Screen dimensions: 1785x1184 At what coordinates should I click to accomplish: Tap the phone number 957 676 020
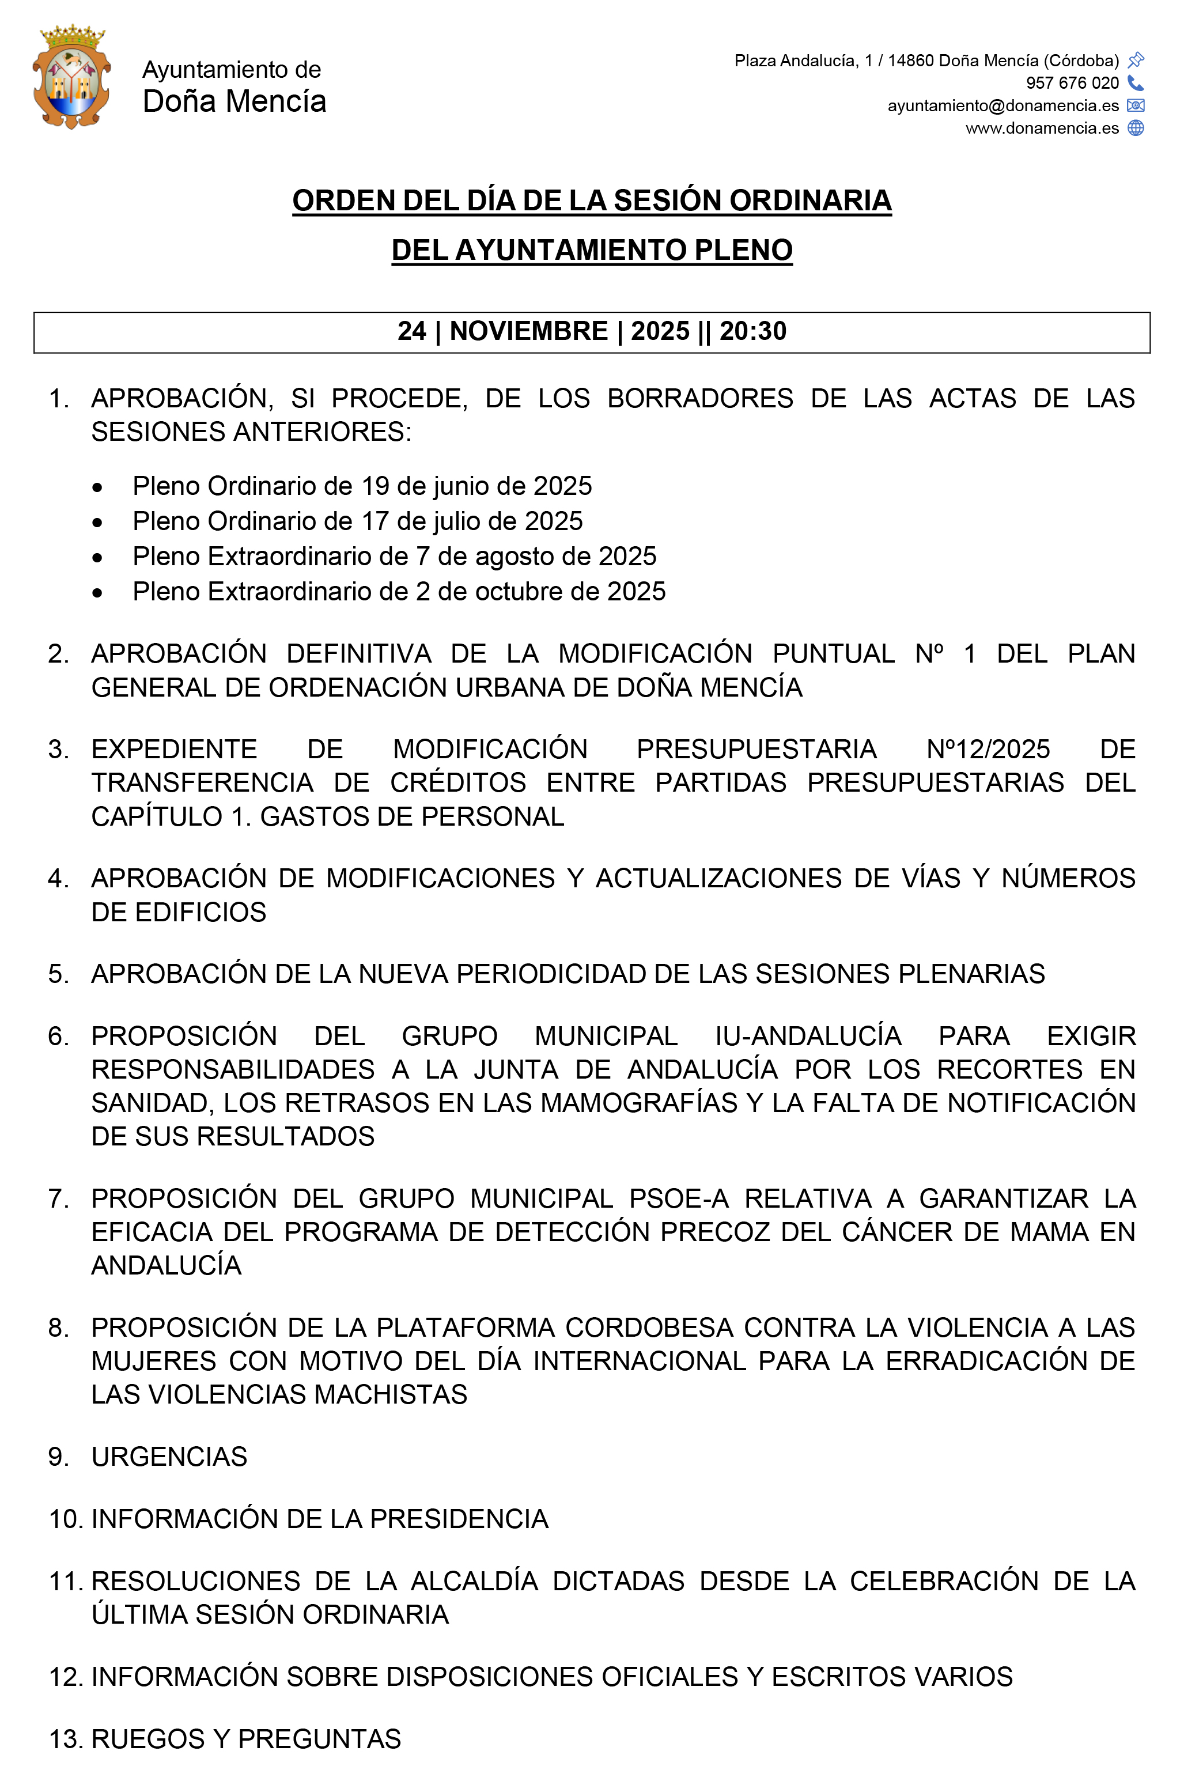click(x=1072, y=83)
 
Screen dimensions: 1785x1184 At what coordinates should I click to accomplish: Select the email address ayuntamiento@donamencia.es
click(x=1003, y=105)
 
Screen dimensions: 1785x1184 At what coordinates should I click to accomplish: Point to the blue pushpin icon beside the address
click(x=1136, y=60)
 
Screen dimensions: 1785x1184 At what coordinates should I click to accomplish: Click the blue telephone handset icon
click(x=1136, y=82)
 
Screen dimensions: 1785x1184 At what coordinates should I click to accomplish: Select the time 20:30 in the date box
click(x=753, y=331)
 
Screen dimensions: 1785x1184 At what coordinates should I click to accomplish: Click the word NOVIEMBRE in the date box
click(x=528, y=331)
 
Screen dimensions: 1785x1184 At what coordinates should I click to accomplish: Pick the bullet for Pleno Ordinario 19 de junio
click(x=97, y=488)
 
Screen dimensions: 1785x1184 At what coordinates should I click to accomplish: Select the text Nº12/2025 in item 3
click(x=988, y=749)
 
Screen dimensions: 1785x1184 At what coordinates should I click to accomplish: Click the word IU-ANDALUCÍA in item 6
click(x=808, y=1036)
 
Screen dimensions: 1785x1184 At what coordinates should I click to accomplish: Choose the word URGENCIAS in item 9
click(x=169, y=1457)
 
